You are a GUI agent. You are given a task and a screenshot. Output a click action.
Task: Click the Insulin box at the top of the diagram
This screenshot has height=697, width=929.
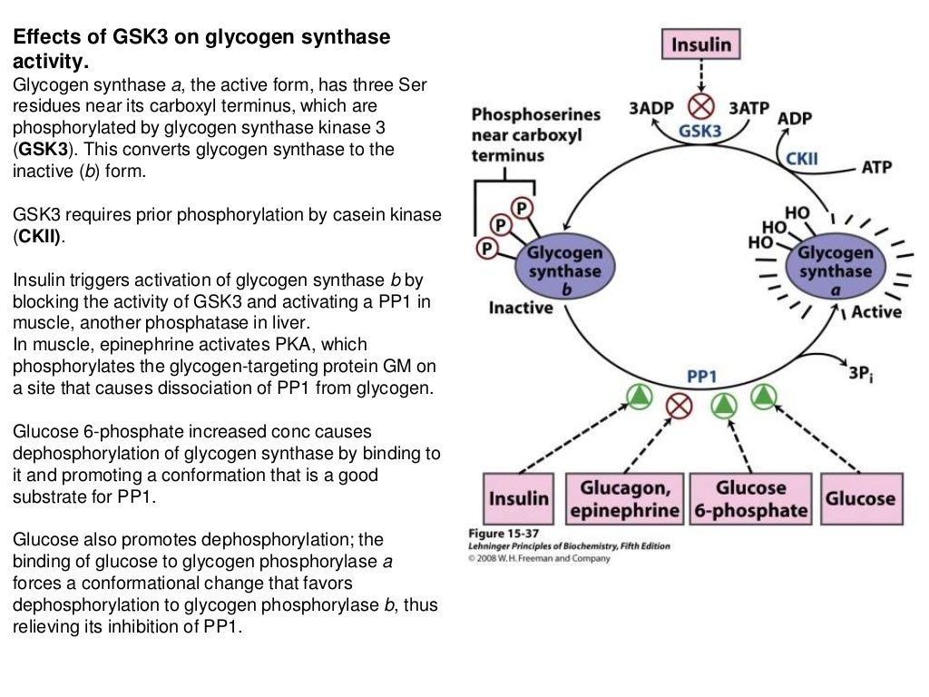tap(700, 44)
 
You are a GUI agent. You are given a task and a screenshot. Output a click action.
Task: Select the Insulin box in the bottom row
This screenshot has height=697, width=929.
tap(519, 498)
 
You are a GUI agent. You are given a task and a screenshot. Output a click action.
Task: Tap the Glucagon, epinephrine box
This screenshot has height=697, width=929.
tap(625, 498)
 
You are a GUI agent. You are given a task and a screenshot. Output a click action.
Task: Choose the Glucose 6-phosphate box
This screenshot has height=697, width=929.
tap(750, 498)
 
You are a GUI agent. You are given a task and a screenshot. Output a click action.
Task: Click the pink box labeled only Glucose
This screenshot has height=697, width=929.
tap(859, 498)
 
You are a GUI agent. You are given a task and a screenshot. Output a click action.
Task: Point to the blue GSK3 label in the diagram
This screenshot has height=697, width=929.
tap(700, 131)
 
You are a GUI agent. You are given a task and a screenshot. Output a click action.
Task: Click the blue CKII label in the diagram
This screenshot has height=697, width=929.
tap(801, 159)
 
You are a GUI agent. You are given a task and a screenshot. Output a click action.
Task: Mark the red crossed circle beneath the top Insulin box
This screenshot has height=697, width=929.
tap(701, 103)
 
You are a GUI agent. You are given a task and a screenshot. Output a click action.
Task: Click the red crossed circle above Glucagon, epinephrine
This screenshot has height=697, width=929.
tap(680, 405)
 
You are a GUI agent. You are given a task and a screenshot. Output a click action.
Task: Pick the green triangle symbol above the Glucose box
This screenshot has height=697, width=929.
tap(764, 396)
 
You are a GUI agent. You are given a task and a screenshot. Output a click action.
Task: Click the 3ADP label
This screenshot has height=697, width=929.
tap(650, 108)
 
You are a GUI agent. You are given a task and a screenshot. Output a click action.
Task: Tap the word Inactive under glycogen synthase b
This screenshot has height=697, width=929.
tap(521, 308)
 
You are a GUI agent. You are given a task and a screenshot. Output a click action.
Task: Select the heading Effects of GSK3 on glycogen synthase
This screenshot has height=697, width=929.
tap(200, 38)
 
